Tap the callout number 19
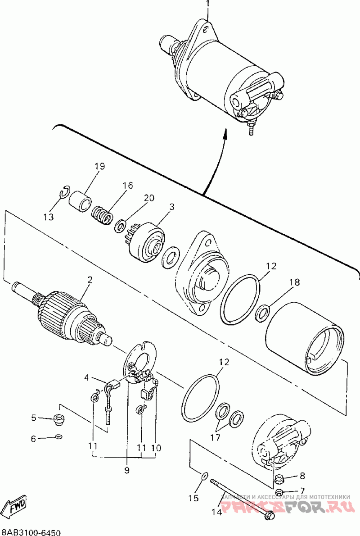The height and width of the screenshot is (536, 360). [99, 167]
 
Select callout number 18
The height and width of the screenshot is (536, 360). [294, 283]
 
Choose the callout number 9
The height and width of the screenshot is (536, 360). [127, 470]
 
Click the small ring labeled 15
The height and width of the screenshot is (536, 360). [203, 476]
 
